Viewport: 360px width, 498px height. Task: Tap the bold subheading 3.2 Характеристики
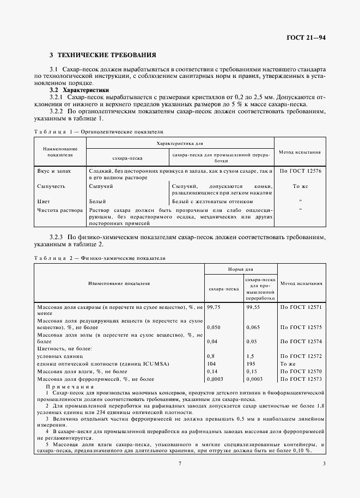pyautogui.click(x=79, y=89)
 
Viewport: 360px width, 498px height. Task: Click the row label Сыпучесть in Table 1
pyautogui.click(x=51, y=186)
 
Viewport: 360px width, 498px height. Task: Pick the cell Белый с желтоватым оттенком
pyautogui.click(x=203, y=201)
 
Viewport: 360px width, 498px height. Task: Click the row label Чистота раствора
pyautogui.click(x=59, y=209)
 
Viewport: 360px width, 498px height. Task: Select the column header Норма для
pyautogui.click(x=240, y=269)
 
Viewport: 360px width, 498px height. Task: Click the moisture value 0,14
pyautogui.click(x=212, y=370)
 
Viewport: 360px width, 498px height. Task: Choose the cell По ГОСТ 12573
pyautogui.click(x=301, y=378)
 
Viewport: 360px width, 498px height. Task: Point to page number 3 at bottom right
pyautogui.click(x=324, y=464)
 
